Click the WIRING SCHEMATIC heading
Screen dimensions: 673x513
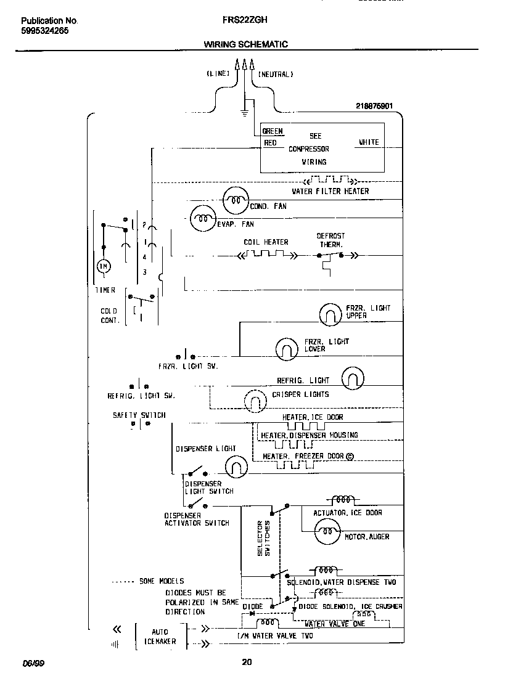click(245, 44)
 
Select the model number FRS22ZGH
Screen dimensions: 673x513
click(244, 20)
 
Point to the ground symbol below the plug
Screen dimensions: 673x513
click(245, 112)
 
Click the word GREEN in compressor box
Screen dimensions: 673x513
click(273, 131)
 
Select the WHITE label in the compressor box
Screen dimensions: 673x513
click(369, 142)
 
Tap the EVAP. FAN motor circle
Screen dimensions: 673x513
click(202, 218)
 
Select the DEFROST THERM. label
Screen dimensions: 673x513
click(331, 240)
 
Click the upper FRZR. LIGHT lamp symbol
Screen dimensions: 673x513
click(330, 315)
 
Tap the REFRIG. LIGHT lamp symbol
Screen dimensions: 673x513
click(353, 378)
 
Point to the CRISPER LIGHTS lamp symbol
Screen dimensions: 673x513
click(255, 402)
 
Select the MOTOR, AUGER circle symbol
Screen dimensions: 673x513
click(327, 531)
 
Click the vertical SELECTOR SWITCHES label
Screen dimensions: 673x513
click(263, 538)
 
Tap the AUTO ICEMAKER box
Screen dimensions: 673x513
click(160, 636)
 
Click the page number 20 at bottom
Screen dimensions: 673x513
click(247, 663)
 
